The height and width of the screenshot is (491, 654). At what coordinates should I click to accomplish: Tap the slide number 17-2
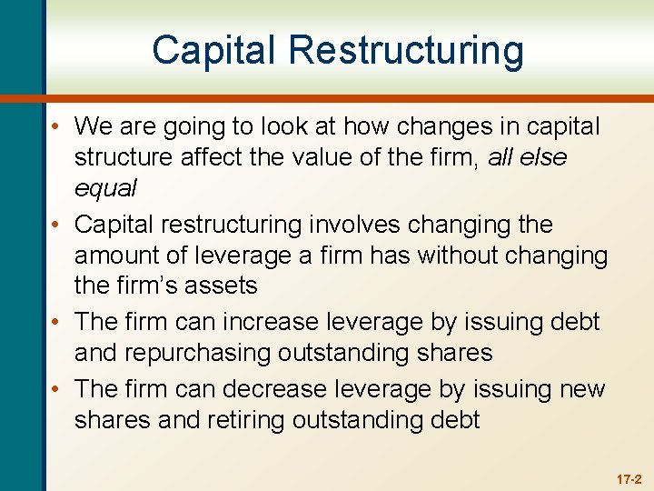coord(629,478)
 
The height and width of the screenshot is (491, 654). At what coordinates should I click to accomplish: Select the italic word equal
coord(105,187)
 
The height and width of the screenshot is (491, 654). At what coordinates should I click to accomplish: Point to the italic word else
coord(540,157)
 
